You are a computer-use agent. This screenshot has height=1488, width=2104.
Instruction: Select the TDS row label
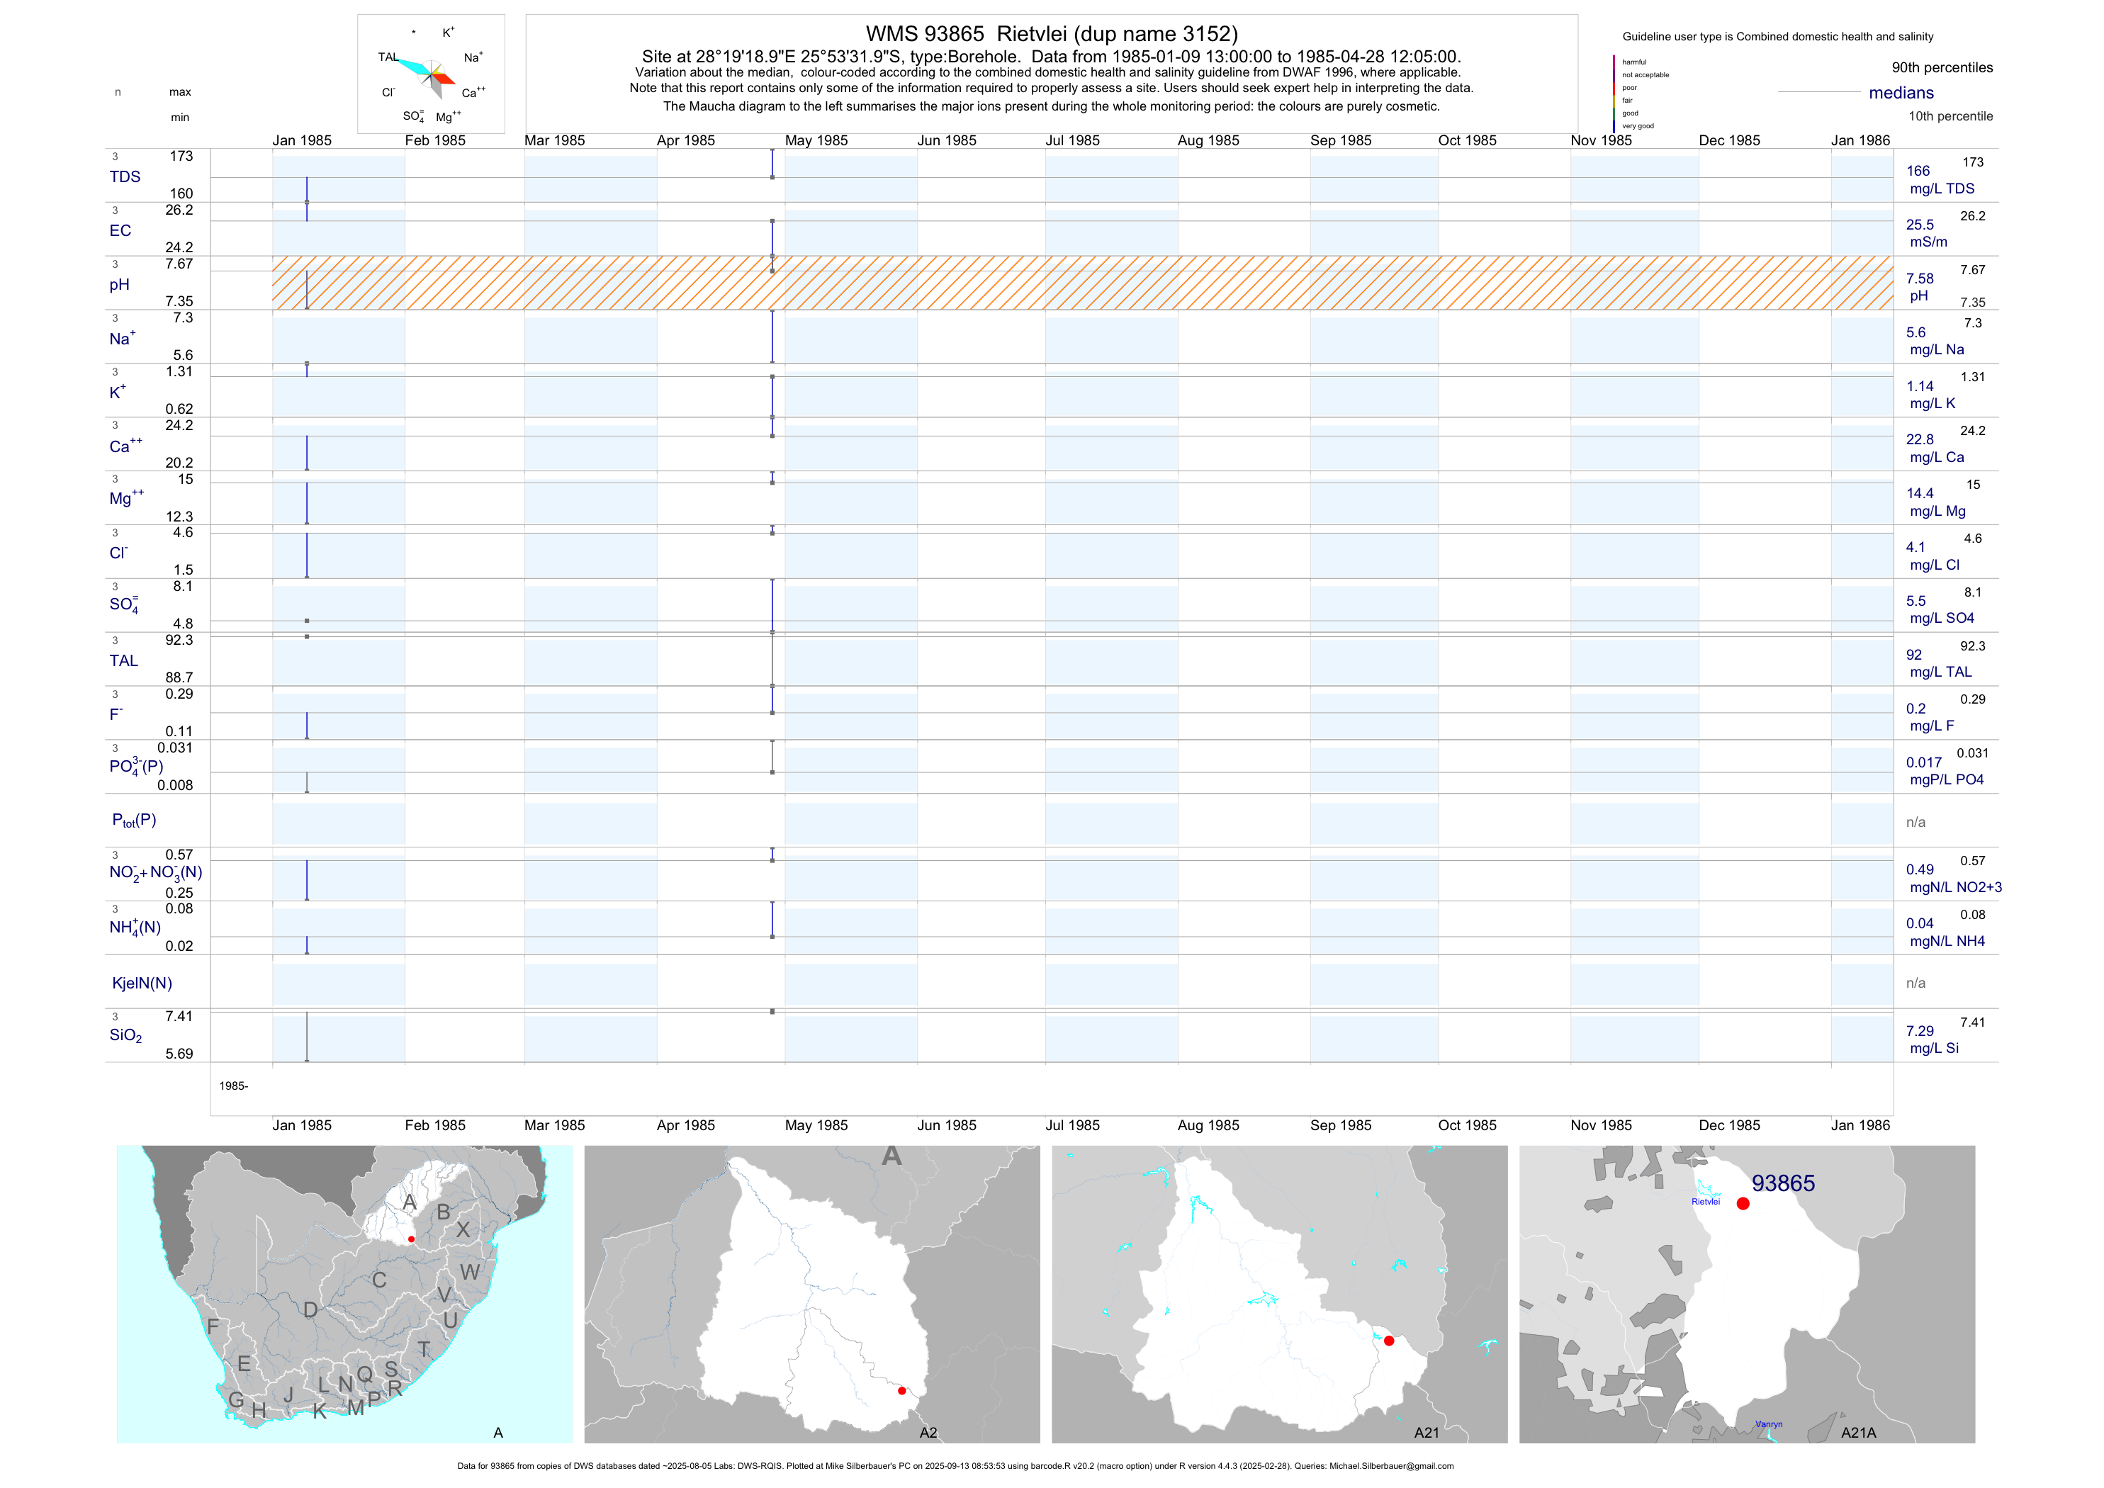tap(125, 177)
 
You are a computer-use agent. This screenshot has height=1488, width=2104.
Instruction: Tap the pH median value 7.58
tap(1920, 278)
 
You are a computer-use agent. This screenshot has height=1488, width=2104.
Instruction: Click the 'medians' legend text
tap(1901, 93)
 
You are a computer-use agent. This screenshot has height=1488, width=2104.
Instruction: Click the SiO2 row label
tap(125, 1035)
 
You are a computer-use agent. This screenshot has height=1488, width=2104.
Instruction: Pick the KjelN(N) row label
tap(142, 983)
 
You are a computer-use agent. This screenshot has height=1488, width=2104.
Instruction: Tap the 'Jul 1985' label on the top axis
tap(1072, 140)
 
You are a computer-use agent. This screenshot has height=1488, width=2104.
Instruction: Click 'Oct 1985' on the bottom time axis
tap(1467, 1125)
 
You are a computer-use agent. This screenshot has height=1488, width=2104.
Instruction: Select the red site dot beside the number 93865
tap(1743, 1204)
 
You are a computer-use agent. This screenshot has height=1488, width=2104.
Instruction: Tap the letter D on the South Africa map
tap(310, 1310)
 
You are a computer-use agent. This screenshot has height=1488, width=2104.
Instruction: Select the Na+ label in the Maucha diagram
tap(473, 57)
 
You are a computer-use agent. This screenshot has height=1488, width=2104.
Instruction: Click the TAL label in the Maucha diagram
tap(388, 57)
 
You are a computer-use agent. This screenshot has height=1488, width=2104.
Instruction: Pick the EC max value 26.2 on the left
tap(179, 210)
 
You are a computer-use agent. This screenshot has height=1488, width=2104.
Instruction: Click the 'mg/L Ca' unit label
tap(1937, 457)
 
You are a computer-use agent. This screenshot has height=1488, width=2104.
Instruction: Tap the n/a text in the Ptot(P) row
tap(1915, 822)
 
